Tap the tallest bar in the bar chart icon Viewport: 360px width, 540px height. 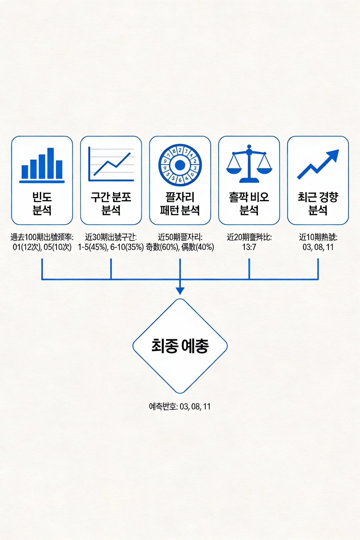point(51,163)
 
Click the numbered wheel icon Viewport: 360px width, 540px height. point(180,165)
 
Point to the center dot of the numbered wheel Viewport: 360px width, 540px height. point(180,165)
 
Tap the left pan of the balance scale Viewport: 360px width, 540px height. point(234,170)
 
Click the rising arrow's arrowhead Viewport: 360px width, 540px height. point(333,155)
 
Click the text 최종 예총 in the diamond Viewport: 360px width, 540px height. point(180,346)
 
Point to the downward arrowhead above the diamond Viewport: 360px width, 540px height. point(180,291)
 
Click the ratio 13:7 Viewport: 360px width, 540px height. point(249,247)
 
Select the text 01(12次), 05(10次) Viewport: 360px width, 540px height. point(42,247)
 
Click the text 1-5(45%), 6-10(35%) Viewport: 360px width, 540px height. point(111,247)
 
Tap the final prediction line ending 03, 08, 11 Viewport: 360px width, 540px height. point(180,406)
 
